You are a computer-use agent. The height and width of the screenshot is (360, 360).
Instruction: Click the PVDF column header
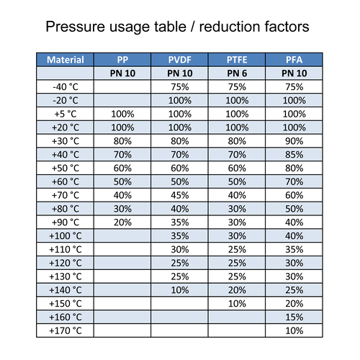pyautogui.click(x=180, y=60)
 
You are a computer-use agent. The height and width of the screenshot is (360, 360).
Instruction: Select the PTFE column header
pyautogui.click(x=237, y=60)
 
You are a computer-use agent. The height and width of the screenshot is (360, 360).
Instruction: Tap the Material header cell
pyautogui.click(x=66, y=60)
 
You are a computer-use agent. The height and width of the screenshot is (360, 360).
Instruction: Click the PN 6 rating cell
pyautogui.click(x=237, y=73)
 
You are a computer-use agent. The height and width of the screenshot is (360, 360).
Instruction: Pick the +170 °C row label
pyautogui.click(x=66, y=330)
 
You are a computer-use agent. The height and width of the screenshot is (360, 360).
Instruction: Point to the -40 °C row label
pyautogui.click(x=66, y=87)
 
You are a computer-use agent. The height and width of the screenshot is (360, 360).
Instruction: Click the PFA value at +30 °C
pyautogui.click(x=294, y=141)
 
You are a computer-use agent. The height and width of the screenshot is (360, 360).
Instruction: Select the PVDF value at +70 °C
pyautogui.click(x=180, y=195)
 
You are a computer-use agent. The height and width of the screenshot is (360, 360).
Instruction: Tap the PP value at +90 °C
pyautogui.click(x=122, y=222)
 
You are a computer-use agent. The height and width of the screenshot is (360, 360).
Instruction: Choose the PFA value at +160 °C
pyautogui.click(x=294, y=318)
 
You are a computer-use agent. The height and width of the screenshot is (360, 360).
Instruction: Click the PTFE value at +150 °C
pyautogui.click(x=237, y=304)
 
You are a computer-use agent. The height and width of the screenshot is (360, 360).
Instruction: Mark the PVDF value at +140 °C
pyautogui.click(x=180, y=290)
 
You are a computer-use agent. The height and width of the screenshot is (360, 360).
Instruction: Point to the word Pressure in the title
pyautogui.click(x=76, y=27)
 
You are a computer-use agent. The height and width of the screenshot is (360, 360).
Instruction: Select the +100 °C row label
pyautogui.click(x=66, y=236)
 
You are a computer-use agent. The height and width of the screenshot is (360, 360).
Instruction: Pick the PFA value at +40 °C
pyautogui.click(x=294, y=155)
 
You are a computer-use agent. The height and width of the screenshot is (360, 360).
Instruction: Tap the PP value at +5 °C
pyautogui.click(x=122, y=114)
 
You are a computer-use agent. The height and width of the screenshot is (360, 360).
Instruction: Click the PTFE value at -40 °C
pyautogui.click(x=237, y=87)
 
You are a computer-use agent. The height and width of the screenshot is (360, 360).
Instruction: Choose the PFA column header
pyautogui.click(x=294, y=60)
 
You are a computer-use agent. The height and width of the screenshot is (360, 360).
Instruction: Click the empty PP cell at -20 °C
pyautogui.click(x=122, y=100)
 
